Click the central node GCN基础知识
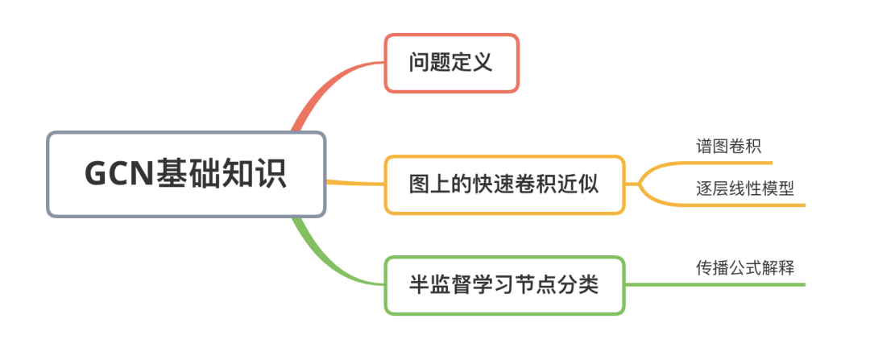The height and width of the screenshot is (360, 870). (186, 175)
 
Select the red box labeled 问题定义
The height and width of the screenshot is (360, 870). (451, 63)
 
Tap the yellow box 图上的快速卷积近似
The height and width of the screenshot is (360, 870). (504, 184)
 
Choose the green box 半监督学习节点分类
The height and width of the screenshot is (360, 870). (504, 285)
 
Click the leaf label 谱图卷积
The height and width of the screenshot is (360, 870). (728, 146)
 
